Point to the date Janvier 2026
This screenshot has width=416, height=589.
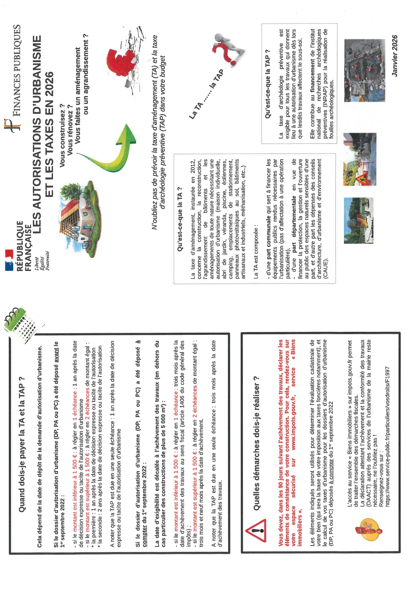click(395, 56)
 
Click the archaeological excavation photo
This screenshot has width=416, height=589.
click(364, 71)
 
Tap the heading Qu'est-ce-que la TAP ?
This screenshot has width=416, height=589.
click(268, 84)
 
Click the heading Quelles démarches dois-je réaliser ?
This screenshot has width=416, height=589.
click(257, 443)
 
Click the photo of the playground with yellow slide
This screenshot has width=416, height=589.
click(359, 220)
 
